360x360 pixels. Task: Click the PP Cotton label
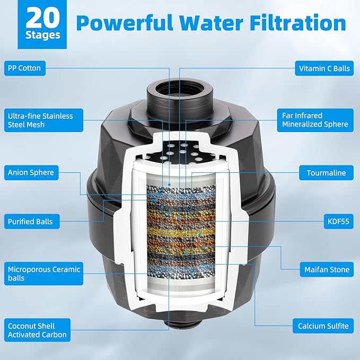tap(25, 68)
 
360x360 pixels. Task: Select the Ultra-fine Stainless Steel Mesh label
tap(43, 120)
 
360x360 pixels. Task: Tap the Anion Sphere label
tap(31, 172)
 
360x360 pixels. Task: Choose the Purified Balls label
tap(32, 222)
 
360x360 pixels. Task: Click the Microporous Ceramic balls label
tap(43, 274)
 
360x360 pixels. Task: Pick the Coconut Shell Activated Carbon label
tap(37, 330)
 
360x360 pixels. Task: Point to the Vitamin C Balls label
tap(324, 68)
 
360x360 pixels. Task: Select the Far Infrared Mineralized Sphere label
tap(315, 120)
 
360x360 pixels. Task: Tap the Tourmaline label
tap(326, 173)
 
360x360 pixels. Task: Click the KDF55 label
tap(339, 222)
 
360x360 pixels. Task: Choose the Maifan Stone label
tap(327, 269)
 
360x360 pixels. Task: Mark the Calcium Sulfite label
tap(323, 326)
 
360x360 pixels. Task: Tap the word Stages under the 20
tap(43, 35)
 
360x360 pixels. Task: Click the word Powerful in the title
tap(125, 23)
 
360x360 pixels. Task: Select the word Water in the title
tap(211, 23)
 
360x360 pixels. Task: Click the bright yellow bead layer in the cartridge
tap(181, 232)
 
